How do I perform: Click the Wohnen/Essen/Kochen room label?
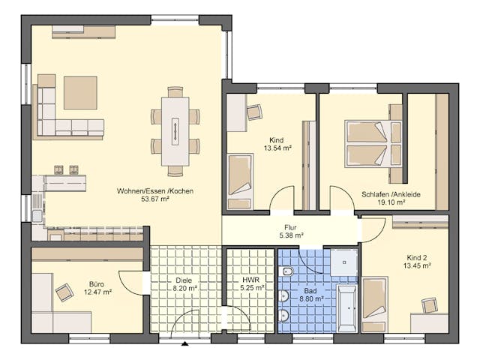click(155, 191)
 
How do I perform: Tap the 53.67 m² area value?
click(155, 199)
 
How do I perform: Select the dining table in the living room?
click(175, 130)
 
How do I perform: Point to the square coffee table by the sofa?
click(80, 93)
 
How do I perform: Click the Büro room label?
click(97, 284)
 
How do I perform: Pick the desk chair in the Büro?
click(64, 292)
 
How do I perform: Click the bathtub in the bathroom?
click(346, 307)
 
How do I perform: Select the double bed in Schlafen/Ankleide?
click(367, 143)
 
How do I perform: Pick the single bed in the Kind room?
click(240, 181)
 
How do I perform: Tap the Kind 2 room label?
click(415, 256)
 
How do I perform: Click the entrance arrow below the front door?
click(185, 344)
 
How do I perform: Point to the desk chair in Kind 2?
click(429, 304)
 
